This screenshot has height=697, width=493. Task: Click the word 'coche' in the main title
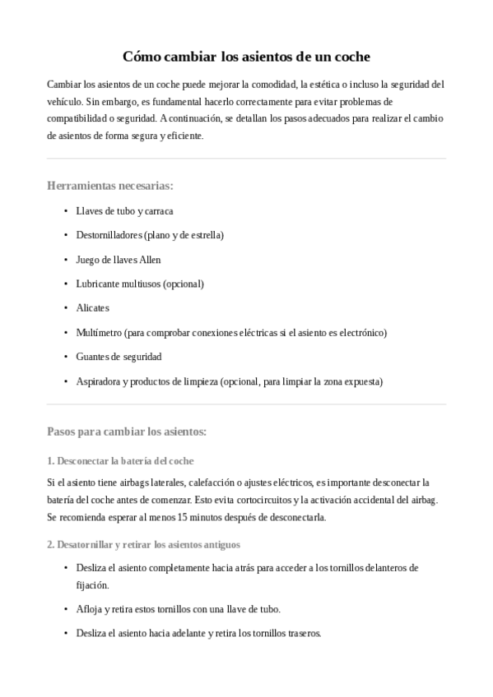(349, 57)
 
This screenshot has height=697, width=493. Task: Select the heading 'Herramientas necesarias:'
(110, 186)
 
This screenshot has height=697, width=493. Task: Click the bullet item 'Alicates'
(92, 308)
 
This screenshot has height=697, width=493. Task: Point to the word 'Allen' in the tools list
(150, 260)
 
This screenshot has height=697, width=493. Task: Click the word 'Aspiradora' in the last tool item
(97, 381)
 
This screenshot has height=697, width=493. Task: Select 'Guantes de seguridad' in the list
(119, 357)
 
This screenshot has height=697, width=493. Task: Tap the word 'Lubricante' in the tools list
(97, 284)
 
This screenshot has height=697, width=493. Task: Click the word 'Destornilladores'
(109, 235)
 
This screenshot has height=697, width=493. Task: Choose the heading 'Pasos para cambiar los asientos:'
(127, 431)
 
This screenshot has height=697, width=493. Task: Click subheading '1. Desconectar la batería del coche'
(120, 460)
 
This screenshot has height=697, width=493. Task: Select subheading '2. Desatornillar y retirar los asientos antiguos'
(144, 544)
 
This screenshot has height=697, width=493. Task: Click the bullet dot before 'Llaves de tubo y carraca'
(65, 211)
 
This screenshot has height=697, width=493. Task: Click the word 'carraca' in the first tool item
(158, 211)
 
